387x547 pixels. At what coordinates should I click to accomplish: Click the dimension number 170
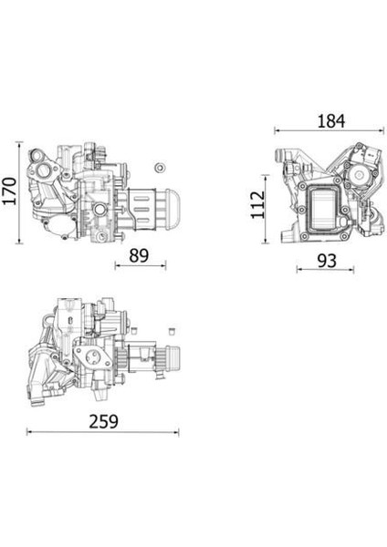pyautogui.click(x=9, y=191)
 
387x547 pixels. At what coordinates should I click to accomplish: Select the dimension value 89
pyautogui.click(x=139, y=255)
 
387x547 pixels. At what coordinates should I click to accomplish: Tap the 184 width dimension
pyautogui.click(x=330, y=121)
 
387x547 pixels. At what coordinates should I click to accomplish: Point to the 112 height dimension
pyautogui.click(x=258, y=205)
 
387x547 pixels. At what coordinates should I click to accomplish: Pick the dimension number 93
pyautogui.click(x=327, y=261)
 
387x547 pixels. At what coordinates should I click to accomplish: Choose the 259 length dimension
pyautogui.click(x=104, y=421)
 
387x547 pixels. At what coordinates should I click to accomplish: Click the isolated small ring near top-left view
pyautogui.click(x=160, y=167)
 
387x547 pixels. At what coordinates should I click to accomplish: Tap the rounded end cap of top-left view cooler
pyautogui.click(x=173, y=209)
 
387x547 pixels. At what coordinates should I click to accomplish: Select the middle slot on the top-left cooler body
pyautogui.click(x=141, y=210)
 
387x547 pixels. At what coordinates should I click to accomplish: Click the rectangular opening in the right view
pyautogui.click(x=324, y=208)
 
